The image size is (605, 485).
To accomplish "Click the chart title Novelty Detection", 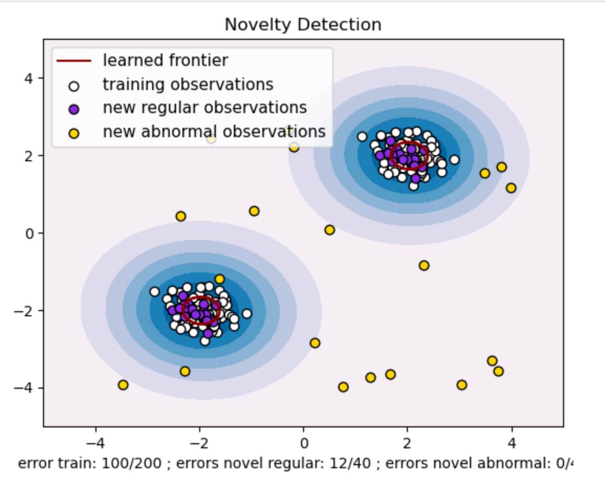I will point(302,24).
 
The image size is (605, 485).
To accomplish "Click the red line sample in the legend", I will point(74,61).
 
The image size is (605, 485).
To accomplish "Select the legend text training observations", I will point(188,84).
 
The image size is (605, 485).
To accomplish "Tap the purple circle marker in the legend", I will point(74,109).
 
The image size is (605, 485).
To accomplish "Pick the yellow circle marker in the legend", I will point(74,133).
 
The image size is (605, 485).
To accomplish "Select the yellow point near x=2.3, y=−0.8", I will point(424,266).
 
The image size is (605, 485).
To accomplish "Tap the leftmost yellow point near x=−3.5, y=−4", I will point(123,385).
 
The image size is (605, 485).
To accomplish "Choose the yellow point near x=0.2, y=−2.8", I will point(315,343).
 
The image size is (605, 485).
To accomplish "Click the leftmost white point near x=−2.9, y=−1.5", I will point(154,292).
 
